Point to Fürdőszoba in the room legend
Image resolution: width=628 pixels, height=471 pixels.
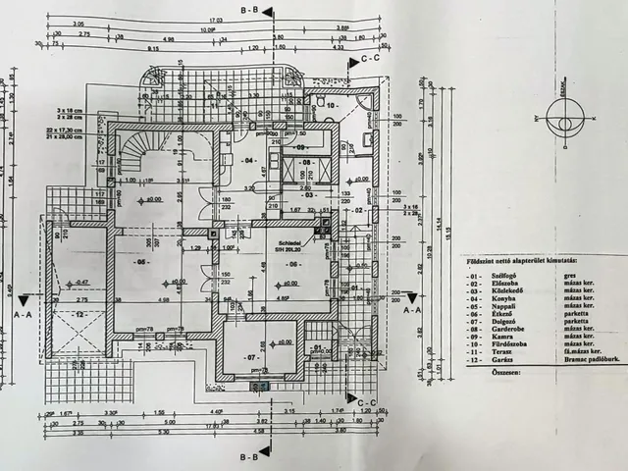click(509, 345)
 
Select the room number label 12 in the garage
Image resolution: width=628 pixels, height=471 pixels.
click(81, 314)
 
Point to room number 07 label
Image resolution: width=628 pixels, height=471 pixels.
click(251, 357)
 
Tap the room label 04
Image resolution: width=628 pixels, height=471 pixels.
click(248, 159)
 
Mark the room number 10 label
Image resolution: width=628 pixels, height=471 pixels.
click(331, 103)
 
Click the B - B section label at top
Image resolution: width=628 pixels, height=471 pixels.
click(249, 8)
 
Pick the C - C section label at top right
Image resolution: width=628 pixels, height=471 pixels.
click(370, 59)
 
